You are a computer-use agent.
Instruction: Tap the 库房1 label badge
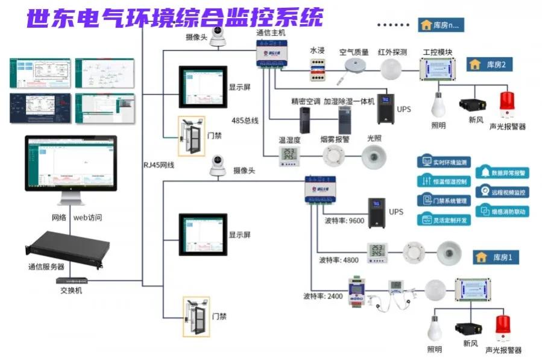pyautogui.click(x=496, y=257)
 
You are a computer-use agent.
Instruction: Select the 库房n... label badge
pyautogui.click(x=441, y=25)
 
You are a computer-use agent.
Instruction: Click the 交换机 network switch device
pyautogui.click(x=71, y=280)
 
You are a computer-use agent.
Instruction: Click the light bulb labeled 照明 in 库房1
pyautogui.click(x=435, y=329)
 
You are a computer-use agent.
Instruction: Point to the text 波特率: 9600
pyautogui.click(x=344, y=221)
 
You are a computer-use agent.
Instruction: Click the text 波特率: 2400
pyautogui.click(x=324, y=296)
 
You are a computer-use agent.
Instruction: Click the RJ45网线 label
pyautogui.click(x=159, y=165)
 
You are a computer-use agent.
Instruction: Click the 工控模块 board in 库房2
pyautogui.click(x=439, y=68)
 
